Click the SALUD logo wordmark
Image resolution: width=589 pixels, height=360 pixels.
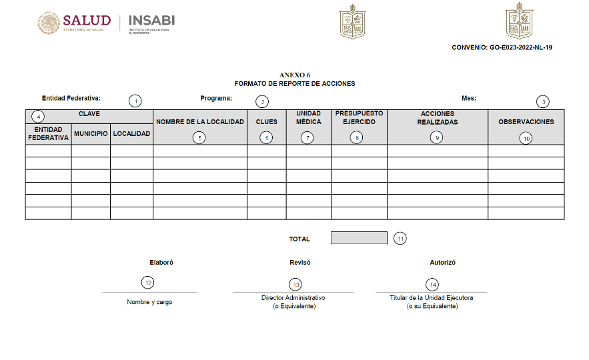tap(87, 19)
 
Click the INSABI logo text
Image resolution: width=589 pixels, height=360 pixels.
tap(151, 20)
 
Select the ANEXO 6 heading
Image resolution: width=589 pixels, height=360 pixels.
tap(294, 75)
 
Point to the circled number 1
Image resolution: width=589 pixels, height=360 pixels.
tap(135, 101)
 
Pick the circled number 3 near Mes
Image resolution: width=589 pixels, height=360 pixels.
tap(544, 101)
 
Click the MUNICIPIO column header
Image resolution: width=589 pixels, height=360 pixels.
tap(91, 134)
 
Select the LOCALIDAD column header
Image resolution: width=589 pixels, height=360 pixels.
tap(132, 134)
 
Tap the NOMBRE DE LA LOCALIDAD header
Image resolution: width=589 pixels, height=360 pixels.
tap(200, 122)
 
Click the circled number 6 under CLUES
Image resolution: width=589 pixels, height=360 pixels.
tap(266, 137)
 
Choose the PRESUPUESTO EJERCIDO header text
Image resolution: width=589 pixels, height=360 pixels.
tap(359, 117)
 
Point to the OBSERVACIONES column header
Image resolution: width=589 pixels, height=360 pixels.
tap(526, 122)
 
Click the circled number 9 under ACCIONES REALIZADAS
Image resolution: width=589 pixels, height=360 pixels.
tap(437, 137)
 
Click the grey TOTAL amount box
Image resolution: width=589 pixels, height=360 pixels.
tap(359, 238)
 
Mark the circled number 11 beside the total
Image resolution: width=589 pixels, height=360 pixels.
tap(400, 238)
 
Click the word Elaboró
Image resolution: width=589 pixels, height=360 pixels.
tap(161, 263)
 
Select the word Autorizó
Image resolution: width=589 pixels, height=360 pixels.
tap(443, 263)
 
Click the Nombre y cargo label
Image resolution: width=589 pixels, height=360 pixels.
tap(149, 302)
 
